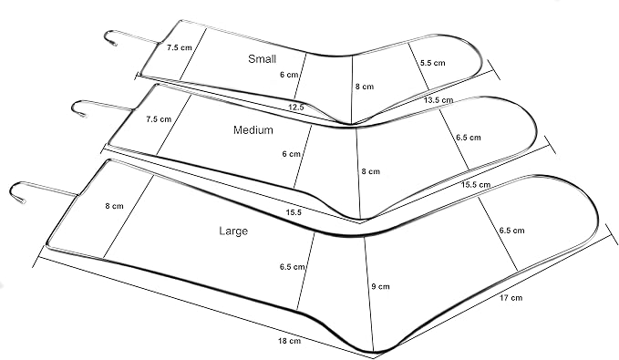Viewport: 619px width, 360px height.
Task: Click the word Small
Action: (262, 59)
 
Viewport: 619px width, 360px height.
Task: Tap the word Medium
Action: (253, 129)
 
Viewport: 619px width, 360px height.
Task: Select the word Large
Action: (233, 231)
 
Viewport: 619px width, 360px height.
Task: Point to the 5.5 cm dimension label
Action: (432, 63)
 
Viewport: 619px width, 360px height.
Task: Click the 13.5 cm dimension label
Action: (438, 100)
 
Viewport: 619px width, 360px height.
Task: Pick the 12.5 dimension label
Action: (296, 107)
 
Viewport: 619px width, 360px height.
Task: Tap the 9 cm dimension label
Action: (380, 286)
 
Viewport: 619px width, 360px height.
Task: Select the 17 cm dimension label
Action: (511, 298)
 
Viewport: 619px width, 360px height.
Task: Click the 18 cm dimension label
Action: (289, 341)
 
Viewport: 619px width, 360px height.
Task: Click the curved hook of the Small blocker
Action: (108, 36)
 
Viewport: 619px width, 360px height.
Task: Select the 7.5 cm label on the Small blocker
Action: (180, 47)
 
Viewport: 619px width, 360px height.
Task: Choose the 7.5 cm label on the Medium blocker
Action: (159, 118)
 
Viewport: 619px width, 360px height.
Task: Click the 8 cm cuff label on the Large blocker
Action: (115, 206)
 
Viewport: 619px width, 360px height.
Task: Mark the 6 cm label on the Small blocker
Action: (289, 75)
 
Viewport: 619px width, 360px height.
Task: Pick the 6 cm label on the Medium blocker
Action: (292, 154)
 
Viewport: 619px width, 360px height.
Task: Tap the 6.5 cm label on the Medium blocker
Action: (469, 138)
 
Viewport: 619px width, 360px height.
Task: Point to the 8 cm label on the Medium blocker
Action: (371, 171)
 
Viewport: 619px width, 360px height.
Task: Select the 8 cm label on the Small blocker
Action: (365, 87)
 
